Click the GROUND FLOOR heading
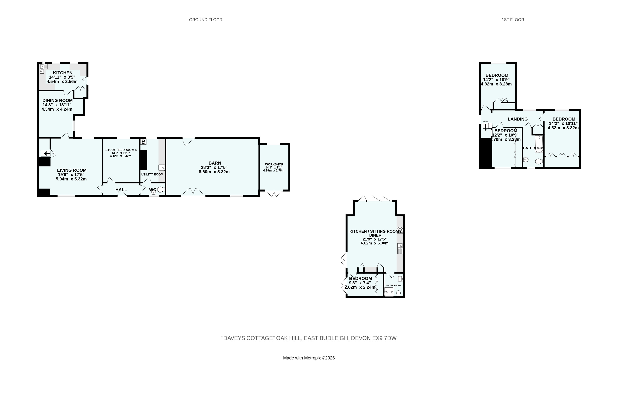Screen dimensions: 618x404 tap(206, 20)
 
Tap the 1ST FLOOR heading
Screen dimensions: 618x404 tap(513, 20)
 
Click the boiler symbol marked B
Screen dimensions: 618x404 tap(143, 142)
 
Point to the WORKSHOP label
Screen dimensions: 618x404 tap(274, 164)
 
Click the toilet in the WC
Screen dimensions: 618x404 tap(161, 189)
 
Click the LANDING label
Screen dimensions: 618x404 tap(518, 119)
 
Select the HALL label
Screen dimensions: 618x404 tap(121, 190)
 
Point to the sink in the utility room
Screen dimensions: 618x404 tap(162, 167)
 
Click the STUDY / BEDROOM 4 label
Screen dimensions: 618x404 tap(121, 150)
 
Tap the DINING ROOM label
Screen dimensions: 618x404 tap(58, 101)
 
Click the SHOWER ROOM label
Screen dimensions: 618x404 tap(394, 285)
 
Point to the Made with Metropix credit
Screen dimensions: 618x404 tap(309, 358)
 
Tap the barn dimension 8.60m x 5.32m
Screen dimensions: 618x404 tap(214, 172)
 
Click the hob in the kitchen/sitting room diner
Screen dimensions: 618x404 tap(400, 230)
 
